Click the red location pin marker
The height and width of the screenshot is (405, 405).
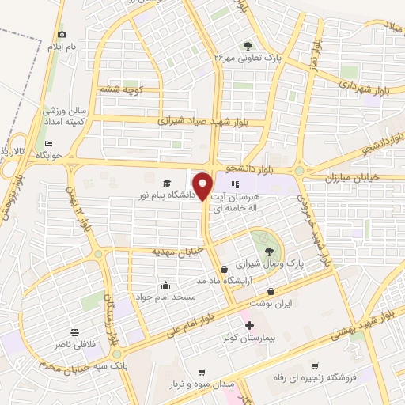point(202,187)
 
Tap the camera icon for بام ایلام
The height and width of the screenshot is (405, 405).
point(62,35)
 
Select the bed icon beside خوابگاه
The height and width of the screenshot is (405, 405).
point(49,143)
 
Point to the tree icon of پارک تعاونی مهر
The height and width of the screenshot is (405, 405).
point(248,45)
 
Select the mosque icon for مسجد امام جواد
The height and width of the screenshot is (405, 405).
point(165,285)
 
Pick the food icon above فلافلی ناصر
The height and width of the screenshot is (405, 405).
point(74,332)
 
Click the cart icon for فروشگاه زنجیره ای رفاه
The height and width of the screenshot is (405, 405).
point(316,365)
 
